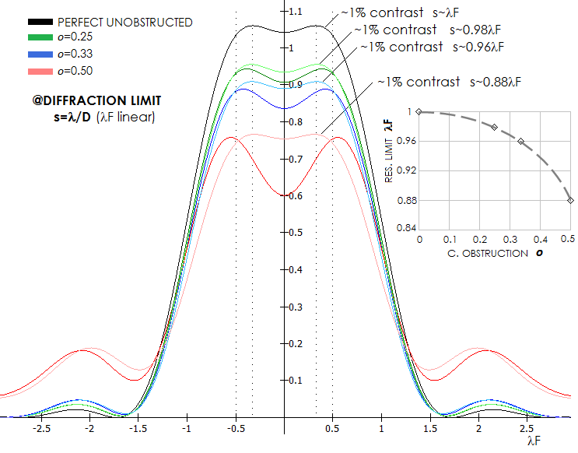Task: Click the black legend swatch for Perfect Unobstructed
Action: pos(40,22)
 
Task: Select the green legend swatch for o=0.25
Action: pos(40,37)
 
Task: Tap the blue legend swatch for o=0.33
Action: pos(40,54)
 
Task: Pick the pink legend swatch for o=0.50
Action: pos(40,71)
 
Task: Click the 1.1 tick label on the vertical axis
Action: pos(296,12)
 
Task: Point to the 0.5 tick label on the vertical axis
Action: pos(296,233)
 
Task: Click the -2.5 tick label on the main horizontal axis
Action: pos(41,429)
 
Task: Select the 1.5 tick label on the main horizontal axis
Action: pos(430,429)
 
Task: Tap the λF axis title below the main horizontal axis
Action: pos(534,441)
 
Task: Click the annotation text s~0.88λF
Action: pos(496,82)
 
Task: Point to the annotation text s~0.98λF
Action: pos(475,30)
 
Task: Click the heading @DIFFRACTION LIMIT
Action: pos(97,100)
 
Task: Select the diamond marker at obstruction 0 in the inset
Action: pos(419,112)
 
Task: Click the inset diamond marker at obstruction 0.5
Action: pos(571,200)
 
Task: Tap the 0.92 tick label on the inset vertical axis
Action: pos(405,170)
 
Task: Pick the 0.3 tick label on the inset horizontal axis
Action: pos(510,240)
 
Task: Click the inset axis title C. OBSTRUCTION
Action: pos(487,254)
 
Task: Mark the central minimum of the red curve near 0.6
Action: pos(284,195)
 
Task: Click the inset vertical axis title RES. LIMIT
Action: pos(389,160)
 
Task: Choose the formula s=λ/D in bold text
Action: pos(72,117)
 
